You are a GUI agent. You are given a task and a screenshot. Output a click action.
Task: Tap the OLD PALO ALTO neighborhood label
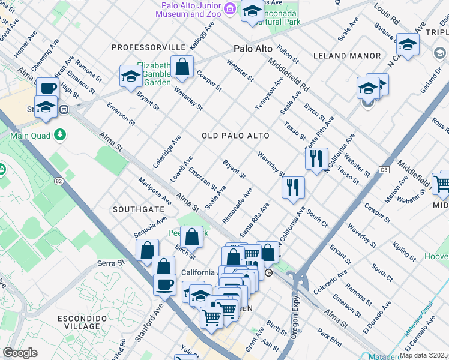coord(235,136)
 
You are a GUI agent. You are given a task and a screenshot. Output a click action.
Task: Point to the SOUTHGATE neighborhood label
coord(137,209)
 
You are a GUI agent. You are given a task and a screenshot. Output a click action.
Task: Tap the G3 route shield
coord(384,170)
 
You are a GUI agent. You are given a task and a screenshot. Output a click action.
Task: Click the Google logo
coord(20,353)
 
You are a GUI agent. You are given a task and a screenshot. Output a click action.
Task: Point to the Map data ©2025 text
coord(423,355)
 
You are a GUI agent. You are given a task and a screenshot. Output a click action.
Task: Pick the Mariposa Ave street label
coord(154,190)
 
